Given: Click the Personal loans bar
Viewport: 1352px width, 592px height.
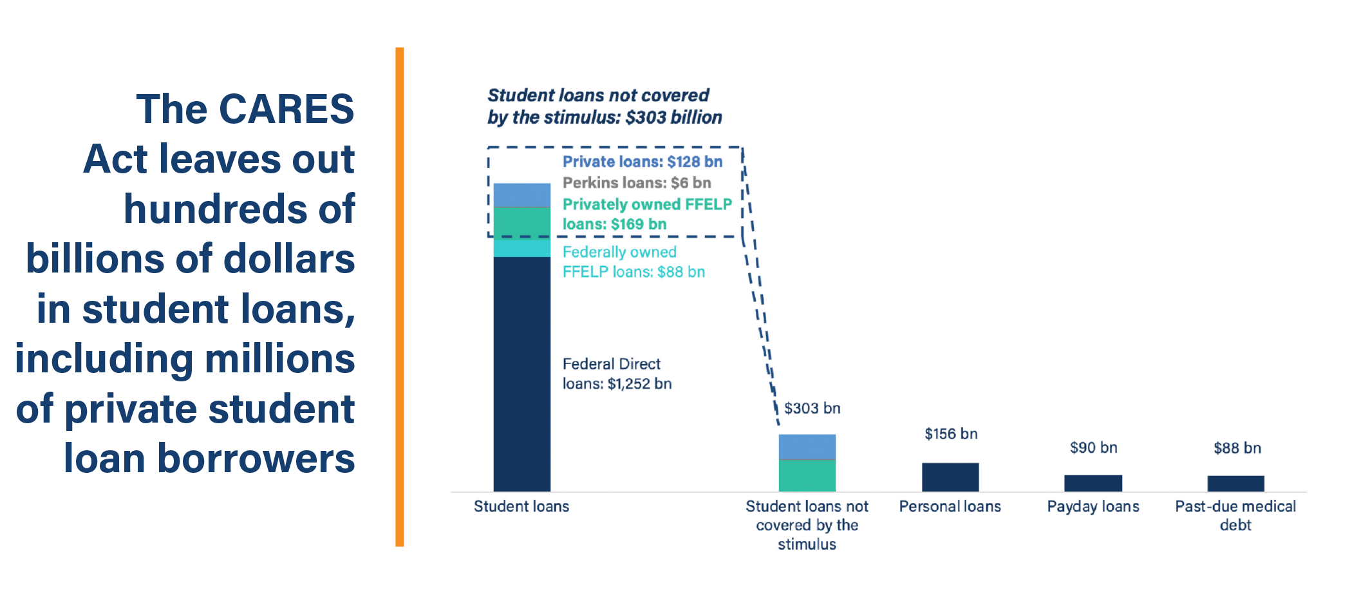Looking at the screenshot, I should point(950,477).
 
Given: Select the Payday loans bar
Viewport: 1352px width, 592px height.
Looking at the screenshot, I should point(1093,483).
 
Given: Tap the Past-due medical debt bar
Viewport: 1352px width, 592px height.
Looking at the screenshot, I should point(1235,483).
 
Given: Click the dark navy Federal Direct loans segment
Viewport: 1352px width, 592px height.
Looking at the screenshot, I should point(521,374).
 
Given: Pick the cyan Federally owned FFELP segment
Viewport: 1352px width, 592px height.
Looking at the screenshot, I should point(521,248).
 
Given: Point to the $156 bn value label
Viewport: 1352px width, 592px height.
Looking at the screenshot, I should point(951,434).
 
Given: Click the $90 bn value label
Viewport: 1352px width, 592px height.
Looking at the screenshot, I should point(1093,448).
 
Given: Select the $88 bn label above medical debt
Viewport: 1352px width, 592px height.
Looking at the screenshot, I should point(1237,448).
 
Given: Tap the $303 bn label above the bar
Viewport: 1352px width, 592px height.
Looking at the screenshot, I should point(812,408).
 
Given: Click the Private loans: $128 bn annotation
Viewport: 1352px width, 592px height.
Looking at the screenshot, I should point(642,162).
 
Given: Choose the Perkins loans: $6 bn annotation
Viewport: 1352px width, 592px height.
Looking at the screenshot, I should point(636,183).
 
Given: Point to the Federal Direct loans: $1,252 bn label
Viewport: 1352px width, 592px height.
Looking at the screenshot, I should point(616,374).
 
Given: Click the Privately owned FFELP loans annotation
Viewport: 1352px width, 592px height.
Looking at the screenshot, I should point(646,214).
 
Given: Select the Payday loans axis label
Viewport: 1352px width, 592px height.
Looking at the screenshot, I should point(1093,507).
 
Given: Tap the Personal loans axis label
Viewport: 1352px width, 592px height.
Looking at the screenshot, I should point(950,507).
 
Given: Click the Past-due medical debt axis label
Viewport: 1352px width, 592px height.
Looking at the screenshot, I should point(1235,515).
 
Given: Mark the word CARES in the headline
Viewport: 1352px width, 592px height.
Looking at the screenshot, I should point(286,109).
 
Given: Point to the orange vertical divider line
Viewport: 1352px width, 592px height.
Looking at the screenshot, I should point(400,296).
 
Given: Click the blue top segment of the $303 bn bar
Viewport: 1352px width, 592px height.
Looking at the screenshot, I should point(807,446).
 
